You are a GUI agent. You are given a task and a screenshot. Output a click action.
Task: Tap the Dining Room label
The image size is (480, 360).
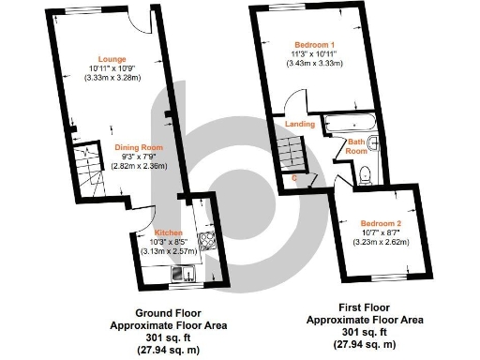click(139, 147)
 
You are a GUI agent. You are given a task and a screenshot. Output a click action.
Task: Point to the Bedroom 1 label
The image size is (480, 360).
click(315, 45)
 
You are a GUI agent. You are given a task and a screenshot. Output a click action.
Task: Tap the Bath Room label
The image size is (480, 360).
click(356, 145)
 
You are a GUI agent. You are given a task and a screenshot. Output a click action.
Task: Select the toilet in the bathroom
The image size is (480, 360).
click(366, 172)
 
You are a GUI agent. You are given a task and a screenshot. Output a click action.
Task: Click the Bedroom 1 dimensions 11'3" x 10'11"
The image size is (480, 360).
click(315, 54)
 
